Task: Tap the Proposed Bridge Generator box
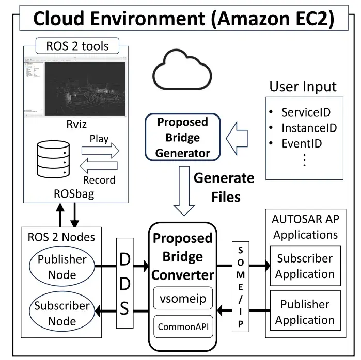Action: pos(183,137)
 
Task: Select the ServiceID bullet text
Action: pos(306,112)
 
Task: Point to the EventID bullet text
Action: pos(302,143)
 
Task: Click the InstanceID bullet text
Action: pos(309,127)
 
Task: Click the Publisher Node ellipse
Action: pos(62,267)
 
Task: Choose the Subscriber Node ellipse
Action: pos(62,313)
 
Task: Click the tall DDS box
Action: pos(125,283)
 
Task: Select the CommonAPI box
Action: pos(183,326)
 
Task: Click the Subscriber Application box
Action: pos(304,266)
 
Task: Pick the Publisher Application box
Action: pos(304,313)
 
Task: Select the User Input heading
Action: pos(303,86)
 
